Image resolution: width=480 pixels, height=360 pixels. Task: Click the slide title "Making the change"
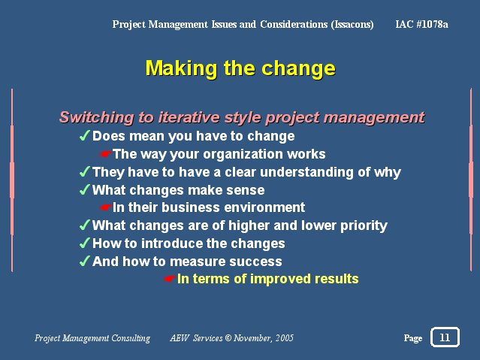tap(240, 68)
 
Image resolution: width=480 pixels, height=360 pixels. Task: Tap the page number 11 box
tap(445, 337)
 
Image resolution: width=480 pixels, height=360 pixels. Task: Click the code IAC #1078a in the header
tap(422, 24)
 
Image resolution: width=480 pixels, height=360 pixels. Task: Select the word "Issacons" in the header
tap(352, 25)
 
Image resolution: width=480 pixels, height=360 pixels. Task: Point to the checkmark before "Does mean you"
tap(84, 135)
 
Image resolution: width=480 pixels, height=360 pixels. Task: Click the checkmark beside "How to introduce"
tap(84, 243)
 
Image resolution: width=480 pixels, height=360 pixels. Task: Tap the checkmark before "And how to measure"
tap(84, 261)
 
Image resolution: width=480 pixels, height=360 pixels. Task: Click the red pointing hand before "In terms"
tap(169, 279)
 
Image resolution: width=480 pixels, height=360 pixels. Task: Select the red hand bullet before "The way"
tap(106, 154)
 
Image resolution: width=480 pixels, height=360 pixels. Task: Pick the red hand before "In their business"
tap(106, 207)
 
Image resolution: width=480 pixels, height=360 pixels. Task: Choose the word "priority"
tap(364, 226)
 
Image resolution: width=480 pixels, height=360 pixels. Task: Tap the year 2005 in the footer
tap(284, 338)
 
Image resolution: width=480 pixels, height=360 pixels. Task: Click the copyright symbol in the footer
tap(228, 338)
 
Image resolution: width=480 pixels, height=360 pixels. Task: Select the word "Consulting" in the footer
tap(131, 338)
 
